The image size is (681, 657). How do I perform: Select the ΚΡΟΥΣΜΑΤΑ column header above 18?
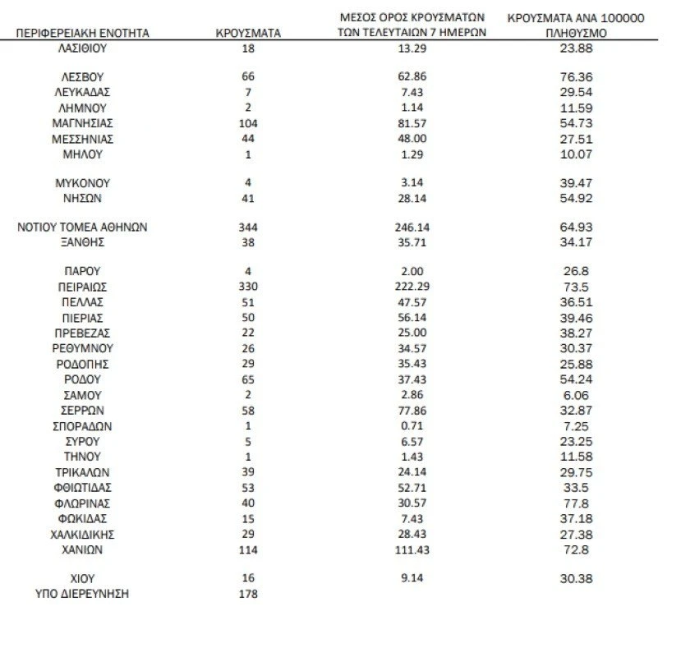pyautogui.click(x=248, y=33)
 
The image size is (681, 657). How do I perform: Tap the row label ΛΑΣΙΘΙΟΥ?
pyautogui.click(x=82, y=48)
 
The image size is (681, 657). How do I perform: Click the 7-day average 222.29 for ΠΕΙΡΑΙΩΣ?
pyautogui.click(x=412, y=287)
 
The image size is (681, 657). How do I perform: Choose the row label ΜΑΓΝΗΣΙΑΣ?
pyautogui.click(x=82, y=123)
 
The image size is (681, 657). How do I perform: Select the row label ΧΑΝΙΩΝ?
pyautogui.click(x=82, y=549)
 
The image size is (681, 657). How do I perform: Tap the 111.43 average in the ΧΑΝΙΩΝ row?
pyautogui.click(x=412, y=549)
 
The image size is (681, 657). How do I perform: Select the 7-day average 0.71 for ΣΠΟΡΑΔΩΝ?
pyautogui.click(x=412, y=426)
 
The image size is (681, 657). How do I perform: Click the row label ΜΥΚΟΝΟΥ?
pyautogui.click(x=82, y=183)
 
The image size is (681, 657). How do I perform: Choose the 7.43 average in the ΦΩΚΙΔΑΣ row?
pyautogui.click(x=412, y=518)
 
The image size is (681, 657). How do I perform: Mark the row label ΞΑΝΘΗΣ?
pyautogui.click(x=82, y=242)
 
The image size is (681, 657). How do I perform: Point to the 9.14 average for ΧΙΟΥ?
pyautogui.click(x=412, y=578)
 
